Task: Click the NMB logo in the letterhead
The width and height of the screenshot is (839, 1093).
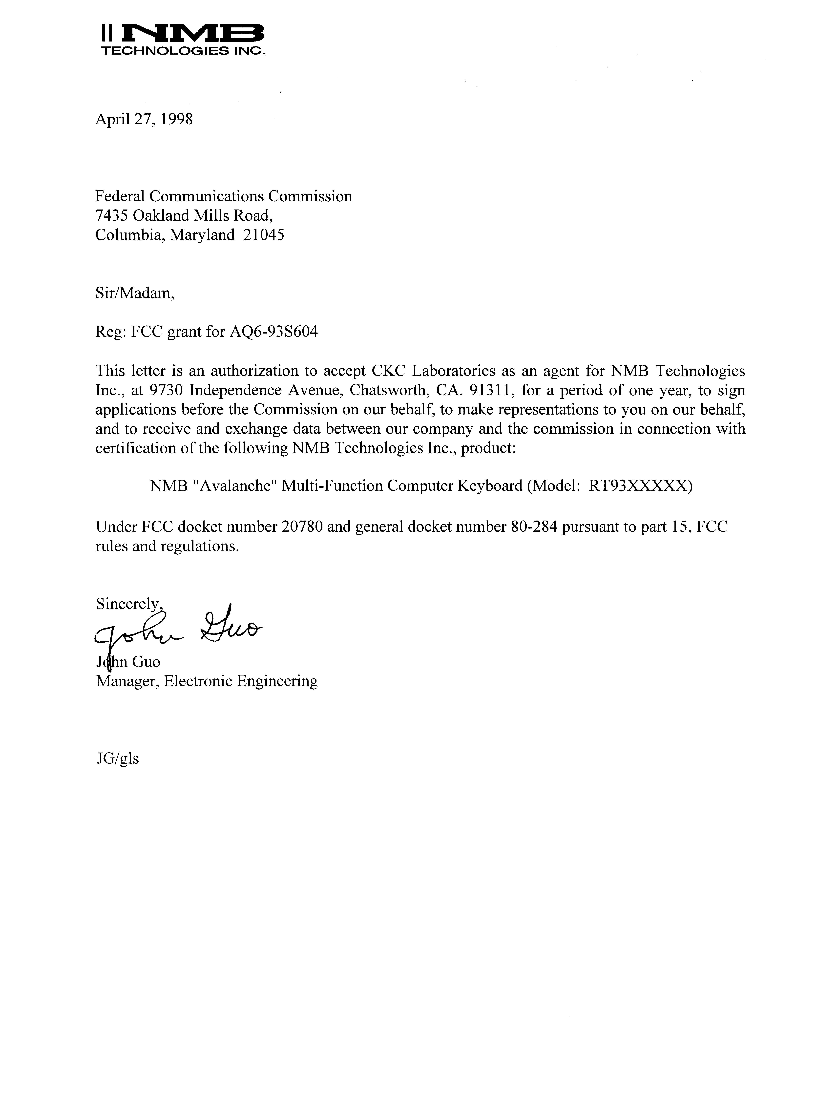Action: point(182,34)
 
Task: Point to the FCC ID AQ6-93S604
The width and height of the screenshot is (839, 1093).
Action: point(273,332)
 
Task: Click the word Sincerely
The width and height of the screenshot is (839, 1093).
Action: point(128,604)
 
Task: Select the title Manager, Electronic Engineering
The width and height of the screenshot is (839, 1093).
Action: point(206,681)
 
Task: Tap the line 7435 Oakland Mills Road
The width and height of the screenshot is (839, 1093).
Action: point(184,216)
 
